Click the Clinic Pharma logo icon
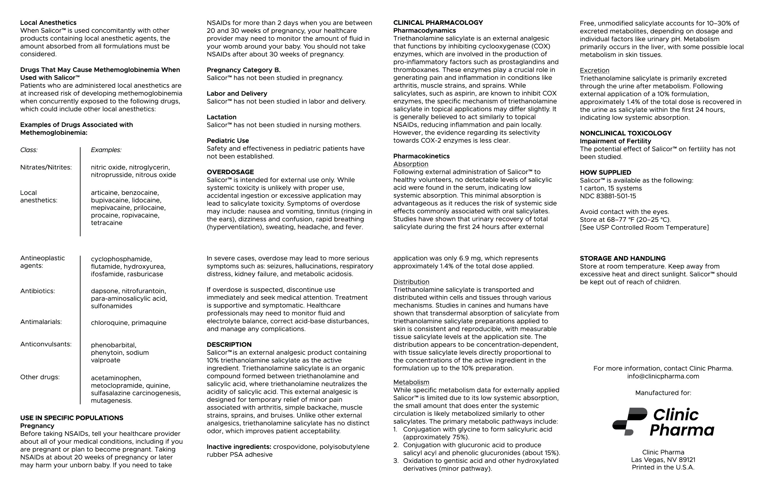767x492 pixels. point(629,421)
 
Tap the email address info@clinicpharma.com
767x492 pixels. point(663,376)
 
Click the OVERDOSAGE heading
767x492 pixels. point(230,172)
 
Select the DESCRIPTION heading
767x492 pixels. point(229,344)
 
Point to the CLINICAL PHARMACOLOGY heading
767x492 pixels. point(438,23)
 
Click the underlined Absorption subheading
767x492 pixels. point(411,164)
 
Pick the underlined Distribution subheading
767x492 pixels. point(411,282)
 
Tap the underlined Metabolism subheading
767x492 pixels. point(411,382)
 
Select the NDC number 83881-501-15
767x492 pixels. point(608,196)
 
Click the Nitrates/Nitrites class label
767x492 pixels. point(46,167)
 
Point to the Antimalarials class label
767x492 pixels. point(41,322)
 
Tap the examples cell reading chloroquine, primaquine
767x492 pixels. point(129,323)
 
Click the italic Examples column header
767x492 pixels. point(106,150)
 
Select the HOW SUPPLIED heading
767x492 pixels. point(605,172)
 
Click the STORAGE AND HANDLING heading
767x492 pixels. point(622,258)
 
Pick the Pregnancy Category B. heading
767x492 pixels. point(243,70)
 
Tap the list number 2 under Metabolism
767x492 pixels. point(396,445)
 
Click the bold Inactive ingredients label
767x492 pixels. point(239,447)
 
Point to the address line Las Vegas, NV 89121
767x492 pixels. point(663,460)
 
